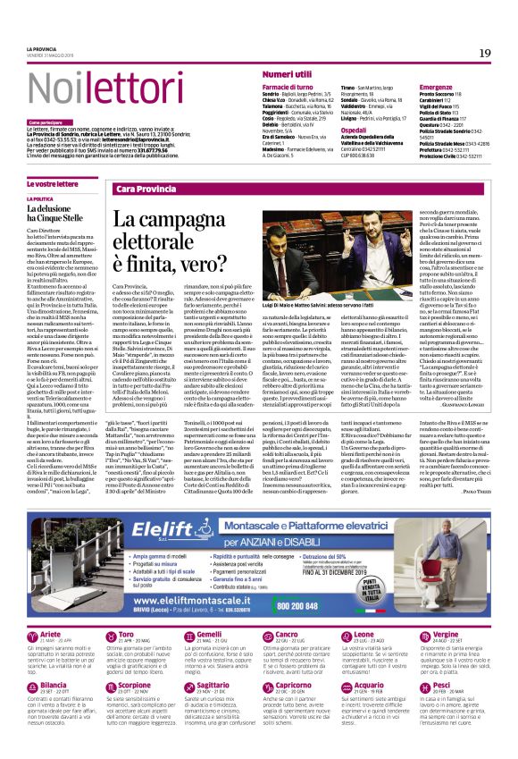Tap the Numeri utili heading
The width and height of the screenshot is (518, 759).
pos(287,73)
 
